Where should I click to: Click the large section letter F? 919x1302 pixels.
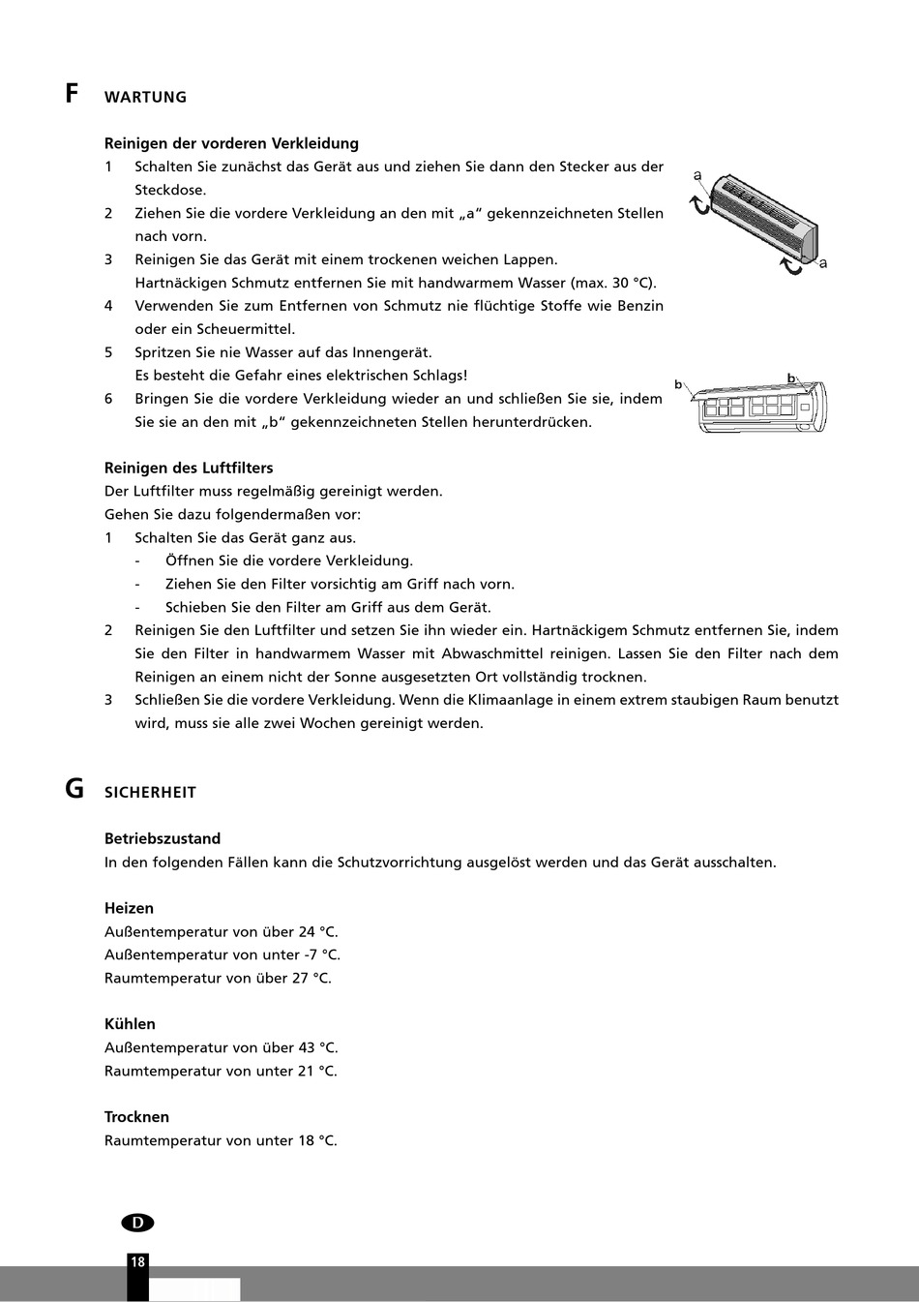click(x=73, y=94)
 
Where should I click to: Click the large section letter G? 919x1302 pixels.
click(x=74, y=789)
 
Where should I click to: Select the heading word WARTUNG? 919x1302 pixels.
click(x=145, y=97)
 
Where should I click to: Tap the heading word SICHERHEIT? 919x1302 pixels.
click(x=150, y=792)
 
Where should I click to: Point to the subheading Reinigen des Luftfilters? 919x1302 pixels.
click(x=189, y=468)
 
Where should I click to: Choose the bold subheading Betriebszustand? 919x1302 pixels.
click(x=163, y=838)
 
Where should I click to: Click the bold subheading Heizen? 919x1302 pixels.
click(x=129, y=908)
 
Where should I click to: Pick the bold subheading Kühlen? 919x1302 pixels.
click(x=130, y=1023)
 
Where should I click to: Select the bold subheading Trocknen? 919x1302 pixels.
click(x=136, y=1116)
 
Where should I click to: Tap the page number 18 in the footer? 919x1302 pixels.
click(x=137, y=1261)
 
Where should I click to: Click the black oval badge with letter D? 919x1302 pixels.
click(x=137, y=1223)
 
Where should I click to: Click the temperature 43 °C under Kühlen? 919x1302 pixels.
click(x=318, y=1047)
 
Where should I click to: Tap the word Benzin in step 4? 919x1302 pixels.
click(x=639, y=306)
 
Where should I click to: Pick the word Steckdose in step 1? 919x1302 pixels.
click(x=169, y=190)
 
